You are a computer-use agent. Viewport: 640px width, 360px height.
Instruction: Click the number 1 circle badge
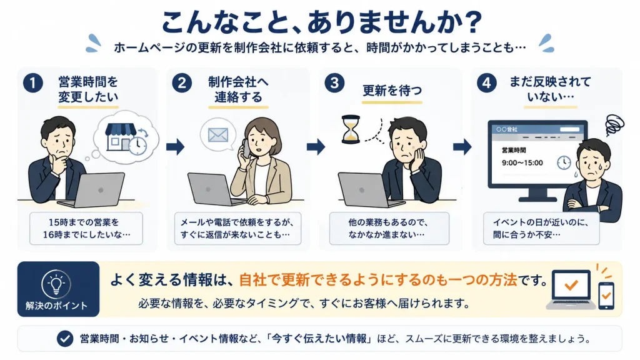(33, 83)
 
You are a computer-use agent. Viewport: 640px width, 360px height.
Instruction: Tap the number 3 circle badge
(334, 83)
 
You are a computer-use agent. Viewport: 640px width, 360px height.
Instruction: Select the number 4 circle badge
(486, 83)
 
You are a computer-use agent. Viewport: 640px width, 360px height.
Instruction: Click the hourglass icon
(351, 129)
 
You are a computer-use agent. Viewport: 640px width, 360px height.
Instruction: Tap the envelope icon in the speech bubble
(218, 135)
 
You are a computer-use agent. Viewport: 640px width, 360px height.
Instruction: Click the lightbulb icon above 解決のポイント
(56, 284)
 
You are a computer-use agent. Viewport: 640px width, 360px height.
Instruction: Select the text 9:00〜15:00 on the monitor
(522, 163)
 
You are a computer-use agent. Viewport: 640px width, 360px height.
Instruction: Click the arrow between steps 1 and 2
(176, 146)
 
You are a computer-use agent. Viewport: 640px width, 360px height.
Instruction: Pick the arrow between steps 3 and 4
(462, 146)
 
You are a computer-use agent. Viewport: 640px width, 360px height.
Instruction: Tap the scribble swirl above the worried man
(614, 124)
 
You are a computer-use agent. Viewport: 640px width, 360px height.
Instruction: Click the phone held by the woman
(246, 149)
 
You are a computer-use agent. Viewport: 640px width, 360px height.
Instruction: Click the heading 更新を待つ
(392, 91)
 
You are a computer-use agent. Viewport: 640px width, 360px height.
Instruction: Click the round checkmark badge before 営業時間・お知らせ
(65, 338)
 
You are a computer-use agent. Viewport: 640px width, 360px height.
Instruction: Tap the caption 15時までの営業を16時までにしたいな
(86, 229)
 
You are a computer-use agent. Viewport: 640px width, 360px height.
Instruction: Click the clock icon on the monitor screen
(564, 162)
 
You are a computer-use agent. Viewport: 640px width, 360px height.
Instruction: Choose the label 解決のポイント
(56, 306)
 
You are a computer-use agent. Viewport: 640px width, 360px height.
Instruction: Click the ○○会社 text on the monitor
(506, 129)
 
